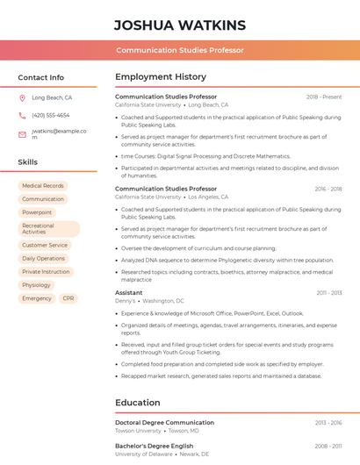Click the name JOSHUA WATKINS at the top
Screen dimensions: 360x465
point(180,25)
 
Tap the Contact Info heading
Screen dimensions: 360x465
point(40,77)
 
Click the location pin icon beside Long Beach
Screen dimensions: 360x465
point(22,97)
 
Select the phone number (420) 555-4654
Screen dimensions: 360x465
point(50,115)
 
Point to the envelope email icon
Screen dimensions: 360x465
point(22,134)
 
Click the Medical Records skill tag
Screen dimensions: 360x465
point(43,186)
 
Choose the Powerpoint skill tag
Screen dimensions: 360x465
point(37,212)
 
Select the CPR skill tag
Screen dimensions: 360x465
point(68,298)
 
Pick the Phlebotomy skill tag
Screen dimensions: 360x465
point(36,285)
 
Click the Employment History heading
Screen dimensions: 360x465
point(161,77)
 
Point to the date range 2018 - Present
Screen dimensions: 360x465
point(324,97)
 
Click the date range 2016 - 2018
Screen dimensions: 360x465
point(328,189)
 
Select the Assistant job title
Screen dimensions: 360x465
point(128,292)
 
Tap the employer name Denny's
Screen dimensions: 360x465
point(126,301)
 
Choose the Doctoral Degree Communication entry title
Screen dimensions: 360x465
point(164,422)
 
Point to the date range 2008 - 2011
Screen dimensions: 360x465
point(328,446)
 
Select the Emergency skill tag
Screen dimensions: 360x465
point(37,298)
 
